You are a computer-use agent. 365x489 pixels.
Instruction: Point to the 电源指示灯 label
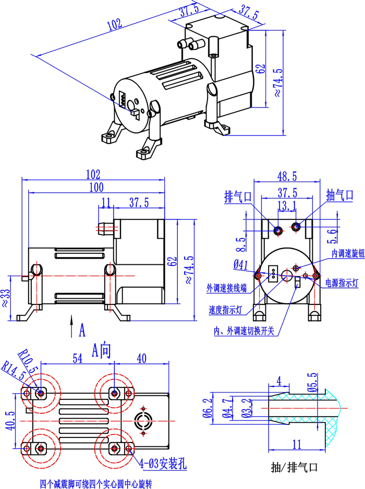(342, 283)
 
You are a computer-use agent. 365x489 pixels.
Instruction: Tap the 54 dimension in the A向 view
(77, 358)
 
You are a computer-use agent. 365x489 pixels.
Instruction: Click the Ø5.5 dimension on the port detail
(312, 383)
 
